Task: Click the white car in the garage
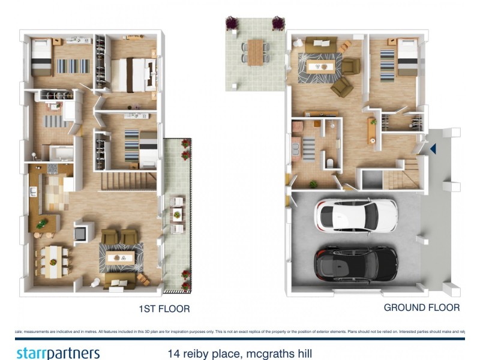[x=356, y=215]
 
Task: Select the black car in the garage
[x=356, y=262]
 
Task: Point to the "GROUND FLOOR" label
[x=421, y=308]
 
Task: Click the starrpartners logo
[x=58, y=352]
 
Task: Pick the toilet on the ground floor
[x=331, y=163]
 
